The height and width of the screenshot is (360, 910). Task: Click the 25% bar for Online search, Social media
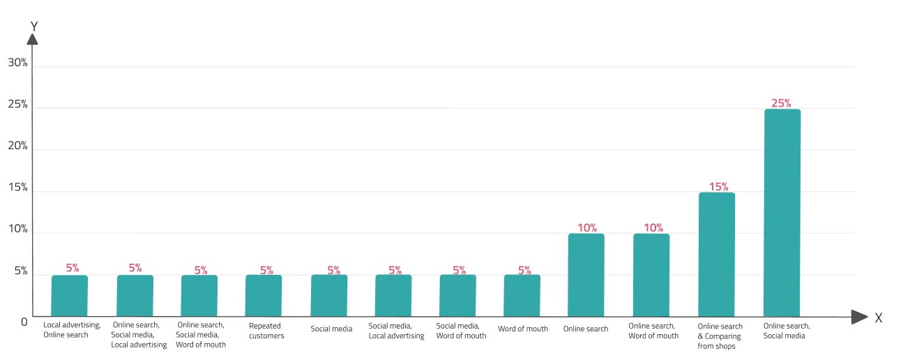click(x=782, y=213)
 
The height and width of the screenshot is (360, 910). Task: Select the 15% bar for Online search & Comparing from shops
click(x=717, y=255)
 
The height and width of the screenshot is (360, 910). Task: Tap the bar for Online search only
click(x=586, y=275)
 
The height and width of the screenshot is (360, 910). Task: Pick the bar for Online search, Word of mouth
click(x=651, y=275)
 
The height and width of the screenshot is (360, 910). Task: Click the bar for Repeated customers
click(x=264, y=296)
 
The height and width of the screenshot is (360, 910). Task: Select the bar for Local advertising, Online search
click(x=70, y=296)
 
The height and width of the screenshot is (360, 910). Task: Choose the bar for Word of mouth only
click(x=522, y=296)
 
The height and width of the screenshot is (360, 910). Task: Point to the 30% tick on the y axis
click(x=18, y=63)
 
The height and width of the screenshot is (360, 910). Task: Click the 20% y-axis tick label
click(x=18, y=145)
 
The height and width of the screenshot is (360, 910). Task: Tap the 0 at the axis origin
click(x=24, y=322)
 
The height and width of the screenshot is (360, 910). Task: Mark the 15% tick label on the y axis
click(x=18, y=187)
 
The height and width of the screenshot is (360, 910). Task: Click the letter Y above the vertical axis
click(x=34, y=27)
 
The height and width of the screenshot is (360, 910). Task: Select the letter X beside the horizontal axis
click(x=879, y=317)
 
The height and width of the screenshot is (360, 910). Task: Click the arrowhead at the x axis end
click(x=859, y=317)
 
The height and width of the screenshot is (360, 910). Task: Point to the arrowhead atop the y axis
click(x=33, y=39)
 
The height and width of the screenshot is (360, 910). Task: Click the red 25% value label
click(x=781, y=103)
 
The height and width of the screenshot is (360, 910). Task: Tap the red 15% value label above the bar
click(x=719, y=186)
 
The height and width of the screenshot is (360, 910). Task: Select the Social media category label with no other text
click(x=331, y=329)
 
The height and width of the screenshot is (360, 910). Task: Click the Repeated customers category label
click(x=266, y=331)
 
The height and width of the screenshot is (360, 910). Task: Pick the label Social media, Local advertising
click(x=396, y=331)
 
